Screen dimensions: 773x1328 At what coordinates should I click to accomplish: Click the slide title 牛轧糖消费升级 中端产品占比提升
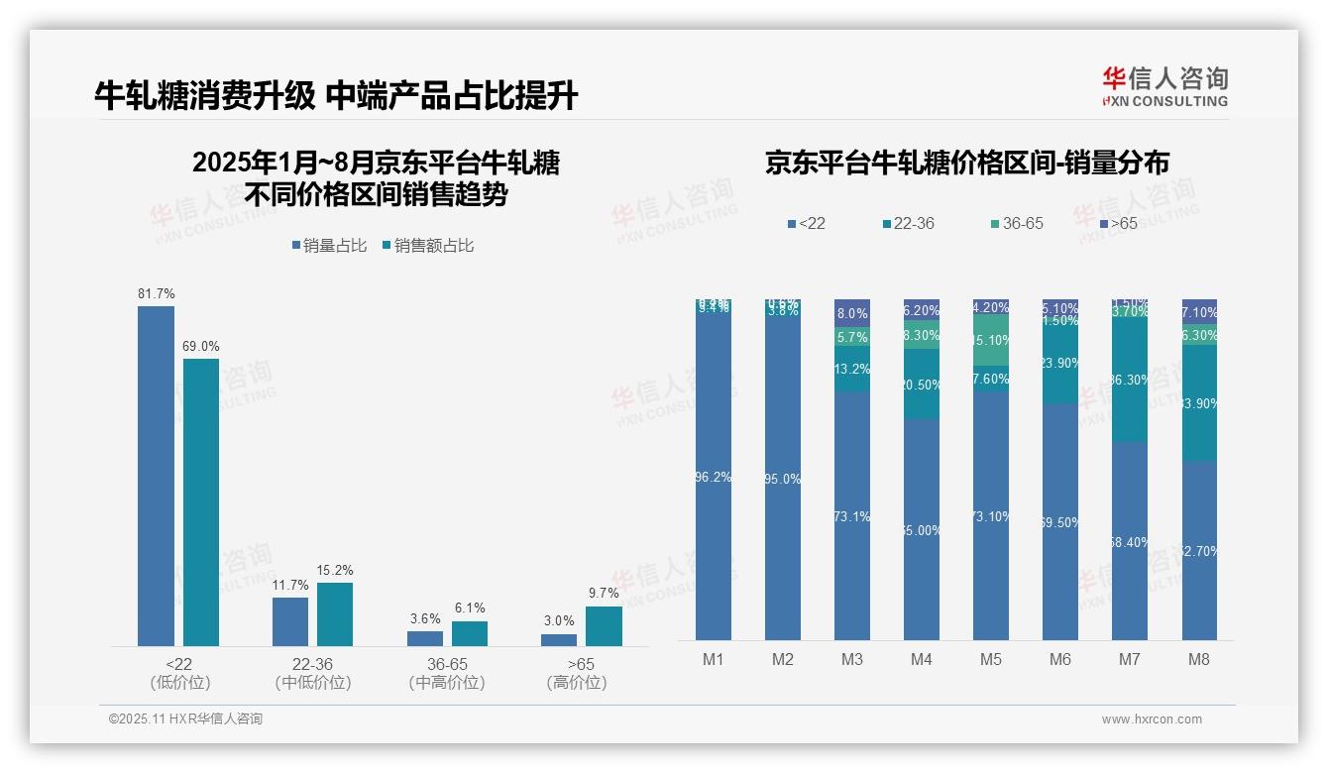336,95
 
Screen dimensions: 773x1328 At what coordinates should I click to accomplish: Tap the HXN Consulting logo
1164,87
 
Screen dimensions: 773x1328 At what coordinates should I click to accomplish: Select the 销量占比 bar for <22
156,476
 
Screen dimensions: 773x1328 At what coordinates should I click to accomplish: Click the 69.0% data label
201,347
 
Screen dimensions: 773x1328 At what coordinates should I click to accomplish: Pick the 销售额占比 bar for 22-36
335,614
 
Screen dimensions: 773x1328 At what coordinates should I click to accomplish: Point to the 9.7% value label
604,594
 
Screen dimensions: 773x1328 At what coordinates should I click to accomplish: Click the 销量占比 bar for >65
559,639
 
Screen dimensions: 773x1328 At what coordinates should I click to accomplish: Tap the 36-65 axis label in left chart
446,664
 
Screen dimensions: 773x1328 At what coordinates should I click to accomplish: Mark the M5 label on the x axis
990,660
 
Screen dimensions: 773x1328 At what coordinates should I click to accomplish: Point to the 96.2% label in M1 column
714,477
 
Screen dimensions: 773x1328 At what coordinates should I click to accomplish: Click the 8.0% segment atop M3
852,313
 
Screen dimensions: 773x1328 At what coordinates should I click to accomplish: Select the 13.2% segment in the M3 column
852,370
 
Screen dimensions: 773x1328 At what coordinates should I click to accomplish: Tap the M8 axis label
1199,660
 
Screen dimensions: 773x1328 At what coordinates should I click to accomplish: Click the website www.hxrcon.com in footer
1152,719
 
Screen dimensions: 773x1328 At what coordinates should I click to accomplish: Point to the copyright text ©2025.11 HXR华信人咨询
185,719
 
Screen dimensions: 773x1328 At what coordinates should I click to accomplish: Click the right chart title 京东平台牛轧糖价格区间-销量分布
966,164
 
